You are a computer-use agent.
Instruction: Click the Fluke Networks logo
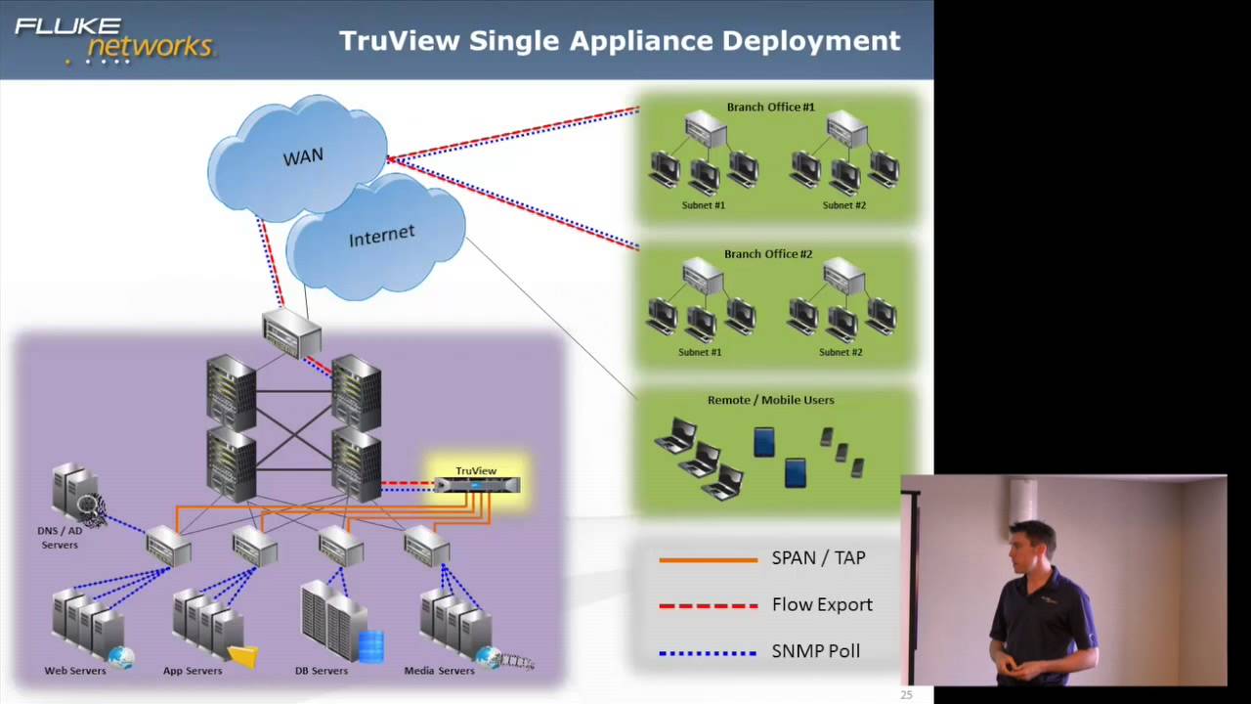tap(113, 39)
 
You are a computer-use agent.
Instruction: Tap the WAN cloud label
tap(303, 156)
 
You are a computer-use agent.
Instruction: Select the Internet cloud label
tap(381, 236)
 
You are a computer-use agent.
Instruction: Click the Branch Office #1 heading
tap(770, 107)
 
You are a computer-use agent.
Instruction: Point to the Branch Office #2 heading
tap(768, 254)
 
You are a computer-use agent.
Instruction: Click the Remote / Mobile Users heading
tap(770, 400)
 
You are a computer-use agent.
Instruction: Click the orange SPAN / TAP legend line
tap(708, 560)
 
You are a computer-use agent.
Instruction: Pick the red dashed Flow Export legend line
tap(708, 606)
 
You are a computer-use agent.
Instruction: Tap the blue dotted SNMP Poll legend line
tap(708, 652)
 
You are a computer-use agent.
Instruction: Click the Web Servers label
tap(75, 671)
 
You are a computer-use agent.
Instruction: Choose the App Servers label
tap(193, 671)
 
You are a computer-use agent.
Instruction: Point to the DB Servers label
tap(322, 671)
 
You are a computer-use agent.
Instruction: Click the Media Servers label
tap(439, 671)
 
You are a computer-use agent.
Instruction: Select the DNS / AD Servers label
tap(60, 538)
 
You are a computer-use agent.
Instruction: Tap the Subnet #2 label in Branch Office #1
tap(843, 205)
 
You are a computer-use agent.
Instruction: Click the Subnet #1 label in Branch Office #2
tap(700, 352)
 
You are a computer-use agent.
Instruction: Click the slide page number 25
tap(906, 695)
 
